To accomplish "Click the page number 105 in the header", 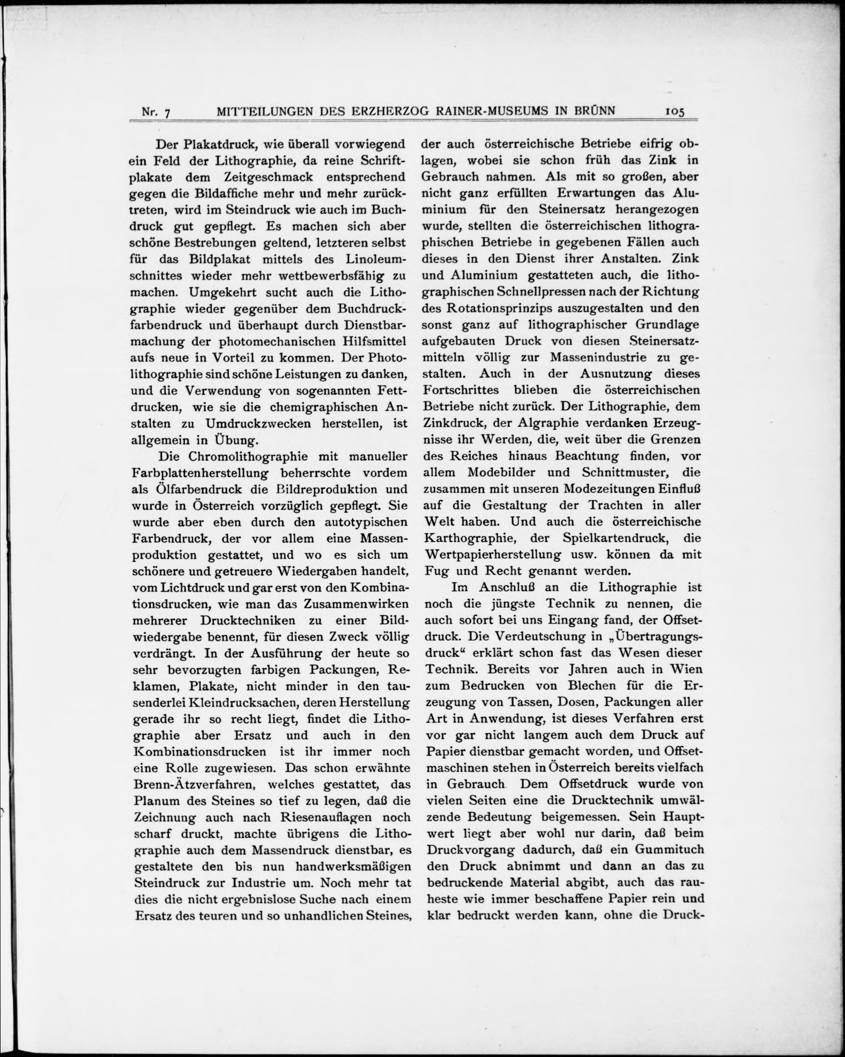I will click(x=674, y=111).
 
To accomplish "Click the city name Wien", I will click(x=686, y=669).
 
